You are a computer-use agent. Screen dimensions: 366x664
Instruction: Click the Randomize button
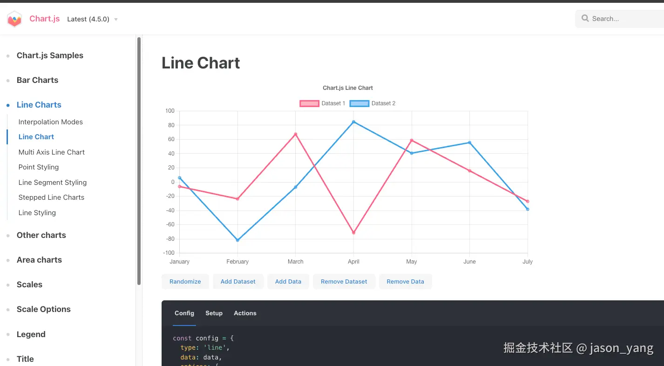coord(185,282)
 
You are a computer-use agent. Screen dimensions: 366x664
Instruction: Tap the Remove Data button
coord(405,282)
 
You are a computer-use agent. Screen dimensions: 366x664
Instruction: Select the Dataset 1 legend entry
coord(323,103)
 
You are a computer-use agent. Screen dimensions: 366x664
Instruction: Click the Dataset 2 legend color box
coord(359,103)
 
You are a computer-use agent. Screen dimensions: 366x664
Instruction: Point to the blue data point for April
coord(353,122)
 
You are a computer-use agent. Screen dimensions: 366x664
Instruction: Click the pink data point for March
coord(295,134)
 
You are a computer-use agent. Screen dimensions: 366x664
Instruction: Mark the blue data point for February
coord(237,240)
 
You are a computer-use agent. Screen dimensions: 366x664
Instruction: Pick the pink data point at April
coord(353,233)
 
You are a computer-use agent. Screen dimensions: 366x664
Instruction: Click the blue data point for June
coord(469,142)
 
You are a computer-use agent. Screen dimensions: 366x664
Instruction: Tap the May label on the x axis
coord(412,262)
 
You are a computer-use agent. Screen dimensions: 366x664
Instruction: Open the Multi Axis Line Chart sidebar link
coord(52,152)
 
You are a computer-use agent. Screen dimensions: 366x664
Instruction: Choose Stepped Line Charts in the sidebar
coord(51,197)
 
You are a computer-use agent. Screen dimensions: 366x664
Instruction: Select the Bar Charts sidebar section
coord(37,80)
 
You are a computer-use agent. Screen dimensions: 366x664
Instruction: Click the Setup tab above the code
coord(214,313)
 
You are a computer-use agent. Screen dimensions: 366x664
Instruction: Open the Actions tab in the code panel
coord(245,313)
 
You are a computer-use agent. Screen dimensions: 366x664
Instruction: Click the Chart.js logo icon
coord(14,19)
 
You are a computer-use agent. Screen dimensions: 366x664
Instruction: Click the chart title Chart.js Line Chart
coord(348,88)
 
